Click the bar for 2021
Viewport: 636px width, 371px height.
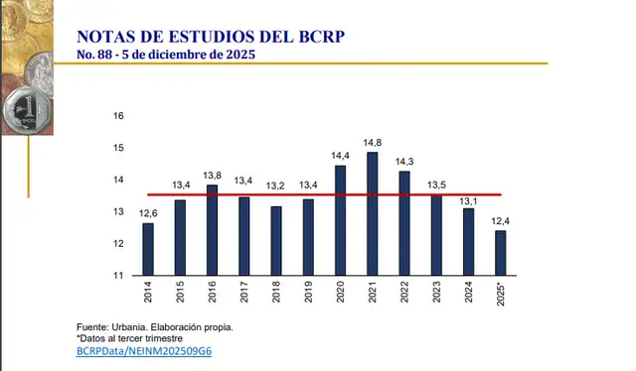pos(372,213)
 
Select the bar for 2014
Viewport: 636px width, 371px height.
pos(148,249)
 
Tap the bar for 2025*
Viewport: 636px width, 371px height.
pos(500,252)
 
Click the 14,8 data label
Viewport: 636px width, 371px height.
pos(372,142)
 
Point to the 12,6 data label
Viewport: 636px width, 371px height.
pos(148,212)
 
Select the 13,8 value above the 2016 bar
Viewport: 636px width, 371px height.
pos(212,175)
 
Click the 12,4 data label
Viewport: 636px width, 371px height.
pos(500,220)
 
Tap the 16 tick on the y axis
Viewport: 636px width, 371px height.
pos(118,116)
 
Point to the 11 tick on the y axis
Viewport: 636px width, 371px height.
pos(118,276)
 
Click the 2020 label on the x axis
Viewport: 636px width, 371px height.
pos(340,294)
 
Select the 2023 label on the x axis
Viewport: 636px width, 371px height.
pos(436,294)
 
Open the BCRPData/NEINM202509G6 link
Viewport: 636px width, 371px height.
pos(143,351)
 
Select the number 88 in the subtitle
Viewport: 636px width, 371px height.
pos(106,55)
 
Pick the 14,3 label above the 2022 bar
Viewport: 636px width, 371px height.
pos(404,161)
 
